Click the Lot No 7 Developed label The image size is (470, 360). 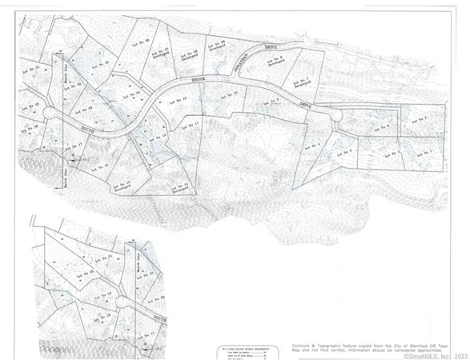304,78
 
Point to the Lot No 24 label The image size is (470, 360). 144,94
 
